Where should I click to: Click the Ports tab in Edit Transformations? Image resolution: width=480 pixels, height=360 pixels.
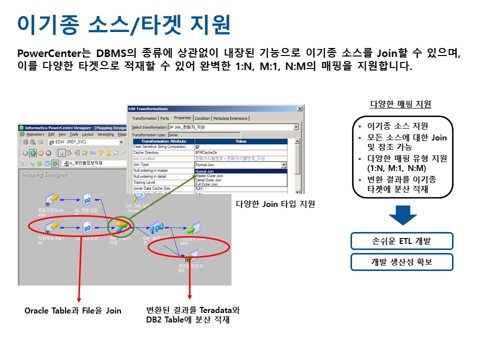[164, 118]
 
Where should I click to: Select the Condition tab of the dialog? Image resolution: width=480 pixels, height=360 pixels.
[202, 118]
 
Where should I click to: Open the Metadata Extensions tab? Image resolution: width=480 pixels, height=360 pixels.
[230, 118]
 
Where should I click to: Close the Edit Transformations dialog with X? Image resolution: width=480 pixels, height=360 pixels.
[299, 108]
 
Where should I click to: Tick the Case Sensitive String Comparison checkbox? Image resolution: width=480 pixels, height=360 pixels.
[197, 146]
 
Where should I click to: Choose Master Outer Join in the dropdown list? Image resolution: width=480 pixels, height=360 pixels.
[209, 176]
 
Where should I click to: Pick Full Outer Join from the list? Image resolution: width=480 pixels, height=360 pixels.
[207, 184]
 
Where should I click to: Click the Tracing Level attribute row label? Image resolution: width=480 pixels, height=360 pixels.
[144, 182]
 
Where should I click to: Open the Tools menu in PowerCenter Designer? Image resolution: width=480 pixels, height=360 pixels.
[74, 134]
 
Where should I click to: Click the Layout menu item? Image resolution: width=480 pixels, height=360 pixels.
[87, 134]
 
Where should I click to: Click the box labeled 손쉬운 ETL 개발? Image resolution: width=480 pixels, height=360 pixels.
[401, 241]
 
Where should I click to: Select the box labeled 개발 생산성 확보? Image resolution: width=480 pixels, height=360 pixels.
[401, 262]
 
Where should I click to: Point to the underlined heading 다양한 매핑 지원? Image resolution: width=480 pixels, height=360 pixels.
[400, 104]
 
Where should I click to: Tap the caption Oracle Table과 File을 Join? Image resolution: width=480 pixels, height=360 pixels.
[73, 310]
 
